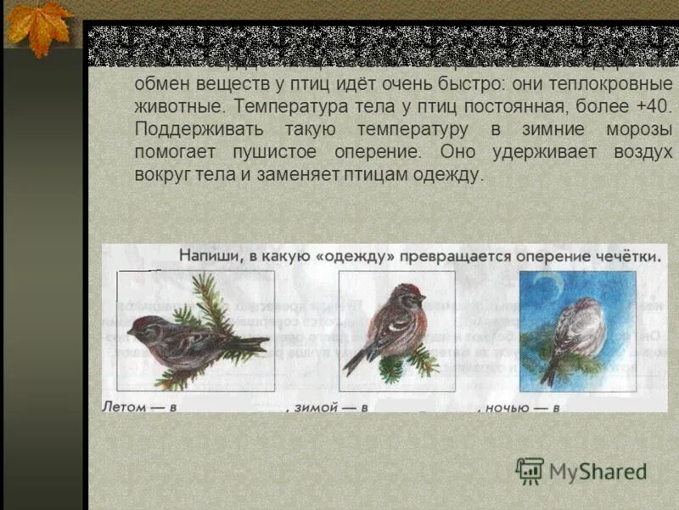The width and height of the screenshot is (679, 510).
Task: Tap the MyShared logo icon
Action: (x=530, y=471)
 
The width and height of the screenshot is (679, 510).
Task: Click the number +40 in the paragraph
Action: (x=654, y=109)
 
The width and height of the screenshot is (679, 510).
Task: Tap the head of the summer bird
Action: (x=143, y=326)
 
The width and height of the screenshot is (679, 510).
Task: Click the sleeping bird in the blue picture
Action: (x=576, y=331)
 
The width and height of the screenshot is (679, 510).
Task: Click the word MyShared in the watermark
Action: (x=598, y=471)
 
